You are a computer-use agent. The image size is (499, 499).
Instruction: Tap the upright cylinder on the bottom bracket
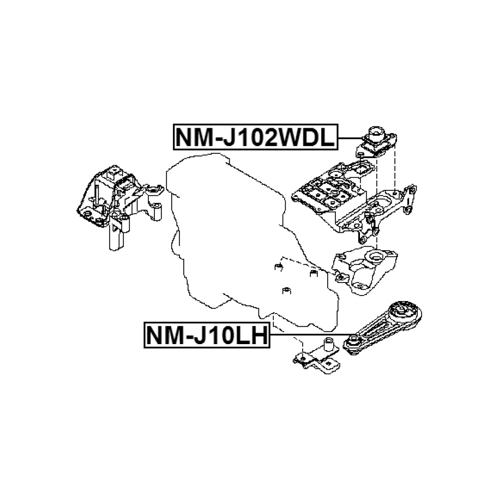click(x=329, y=345)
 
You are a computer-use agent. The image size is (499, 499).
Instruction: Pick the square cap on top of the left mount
click(x=114, y=173)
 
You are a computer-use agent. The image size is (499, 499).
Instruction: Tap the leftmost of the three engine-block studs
click(x=276, y=267)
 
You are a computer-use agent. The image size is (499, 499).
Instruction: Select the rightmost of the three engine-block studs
click(x=313, y=272)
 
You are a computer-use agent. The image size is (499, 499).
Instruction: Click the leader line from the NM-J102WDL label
click(x=349, y=138)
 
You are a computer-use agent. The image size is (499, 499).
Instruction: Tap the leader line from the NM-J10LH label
click(x=311, y=335)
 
